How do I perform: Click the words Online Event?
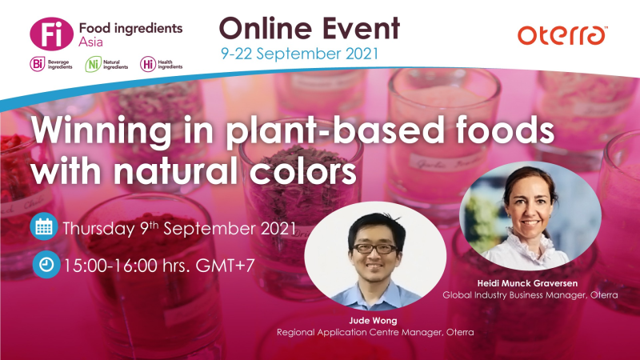309,28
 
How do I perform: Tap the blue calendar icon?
43,226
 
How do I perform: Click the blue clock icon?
43,264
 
